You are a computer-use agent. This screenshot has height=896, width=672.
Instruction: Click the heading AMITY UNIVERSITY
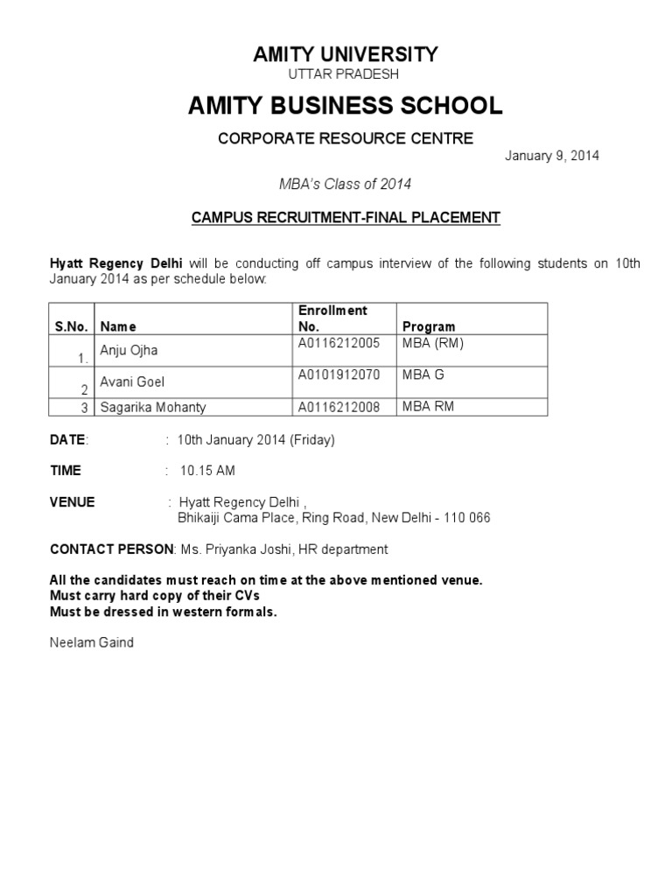[345, 54]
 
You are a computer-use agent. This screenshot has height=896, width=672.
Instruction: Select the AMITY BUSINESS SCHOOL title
[346, 106]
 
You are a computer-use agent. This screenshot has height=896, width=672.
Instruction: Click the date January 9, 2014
[552, 156]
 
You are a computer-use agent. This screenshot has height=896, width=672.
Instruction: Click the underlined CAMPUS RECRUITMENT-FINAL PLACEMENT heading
[346, 217]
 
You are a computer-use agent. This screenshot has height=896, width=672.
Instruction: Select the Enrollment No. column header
[332, 318]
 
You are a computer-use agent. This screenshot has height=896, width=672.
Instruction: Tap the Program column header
[428, 327]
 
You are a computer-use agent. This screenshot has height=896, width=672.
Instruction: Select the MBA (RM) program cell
[432, 343]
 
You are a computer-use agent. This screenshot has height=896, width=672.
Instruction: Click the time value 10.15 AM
[207, 471]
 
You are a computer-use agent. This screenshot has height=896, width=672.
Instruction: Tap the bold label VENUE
[73, 502]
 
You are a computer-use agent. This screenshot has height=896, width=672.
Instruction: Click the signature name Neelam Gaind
[92, 643]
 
